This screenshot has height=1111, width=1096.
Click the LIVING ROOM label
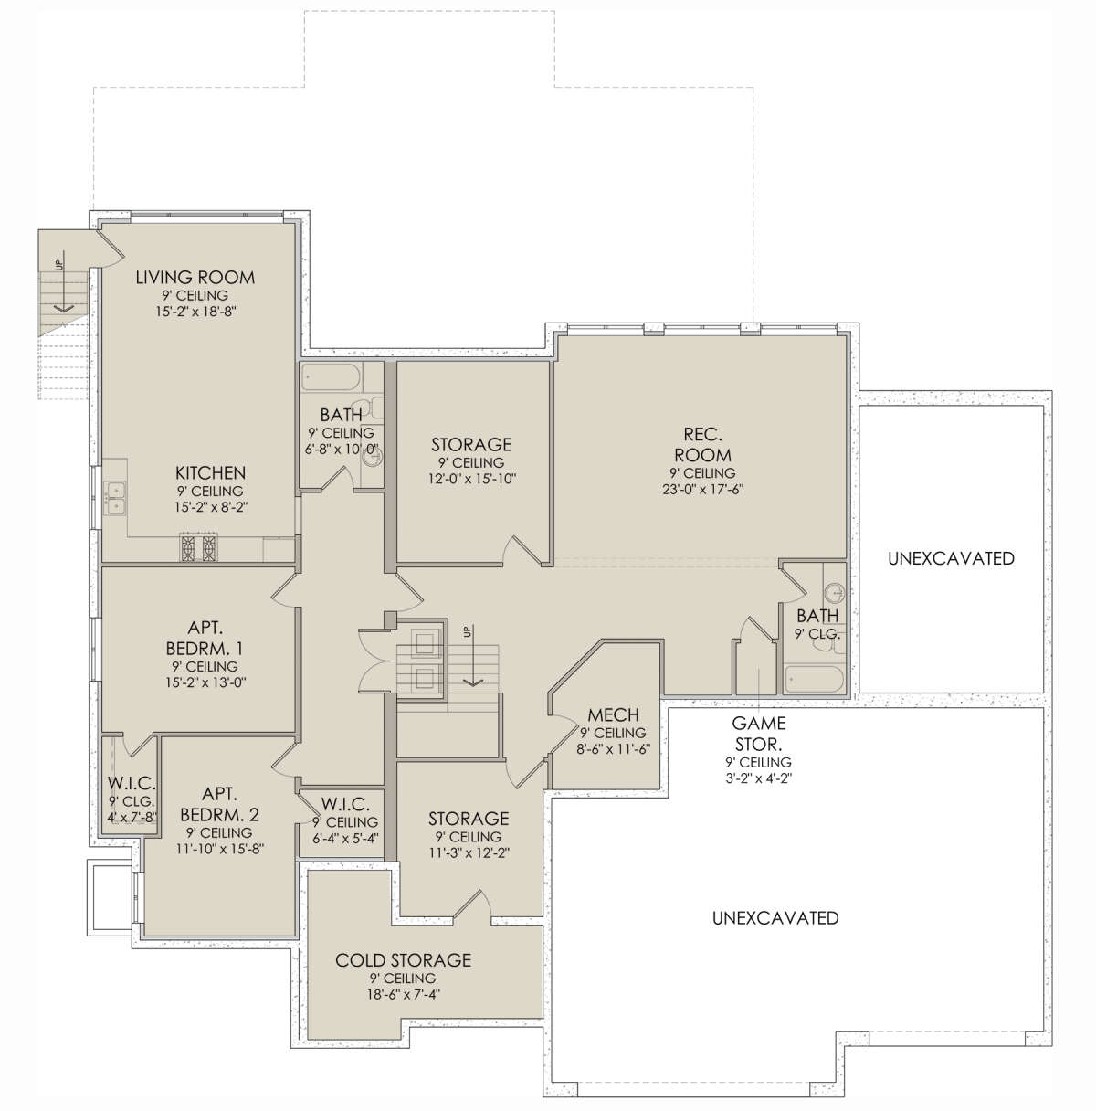tap(195, 278)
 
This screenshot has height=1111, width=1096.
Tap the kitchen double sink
tap(115, 498)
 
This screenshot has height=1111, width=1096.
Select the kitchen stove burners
tap(199, 547)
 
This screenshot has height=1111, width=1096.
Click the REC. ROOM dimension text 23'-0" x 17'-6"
tap(702, 490)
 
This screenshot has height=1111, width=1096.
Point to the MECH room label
tap(613, 714)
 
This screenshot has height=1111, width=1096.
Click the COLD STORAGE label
tap(403, 960)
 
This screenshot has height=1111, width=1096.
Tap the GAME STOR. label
tap(759, 733)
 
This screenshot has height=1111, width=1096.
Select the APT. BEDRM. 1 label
tap(205, 638)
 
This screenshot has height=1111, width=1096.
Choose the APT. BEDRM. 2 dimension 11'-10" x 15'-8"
tap(220, 849)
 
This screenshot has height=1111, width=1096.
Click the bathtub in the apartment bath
tap(331, 377)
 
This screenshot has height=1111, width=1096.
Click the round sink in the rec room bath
tap(834, 592)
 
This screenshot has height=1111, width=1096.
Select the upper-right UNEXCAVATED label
tap(951, 558)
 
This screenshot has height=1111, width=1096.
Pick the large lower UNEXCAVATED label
tap(775, 918)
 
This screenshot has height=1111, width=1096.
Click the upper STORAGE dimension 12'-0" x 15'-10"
tap(471, 479)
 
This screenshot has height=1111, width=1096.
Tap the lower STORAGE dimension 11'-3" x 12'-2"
tap(469, 852)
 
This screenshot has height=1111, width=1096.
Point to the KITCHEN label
tap(210, 473)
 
